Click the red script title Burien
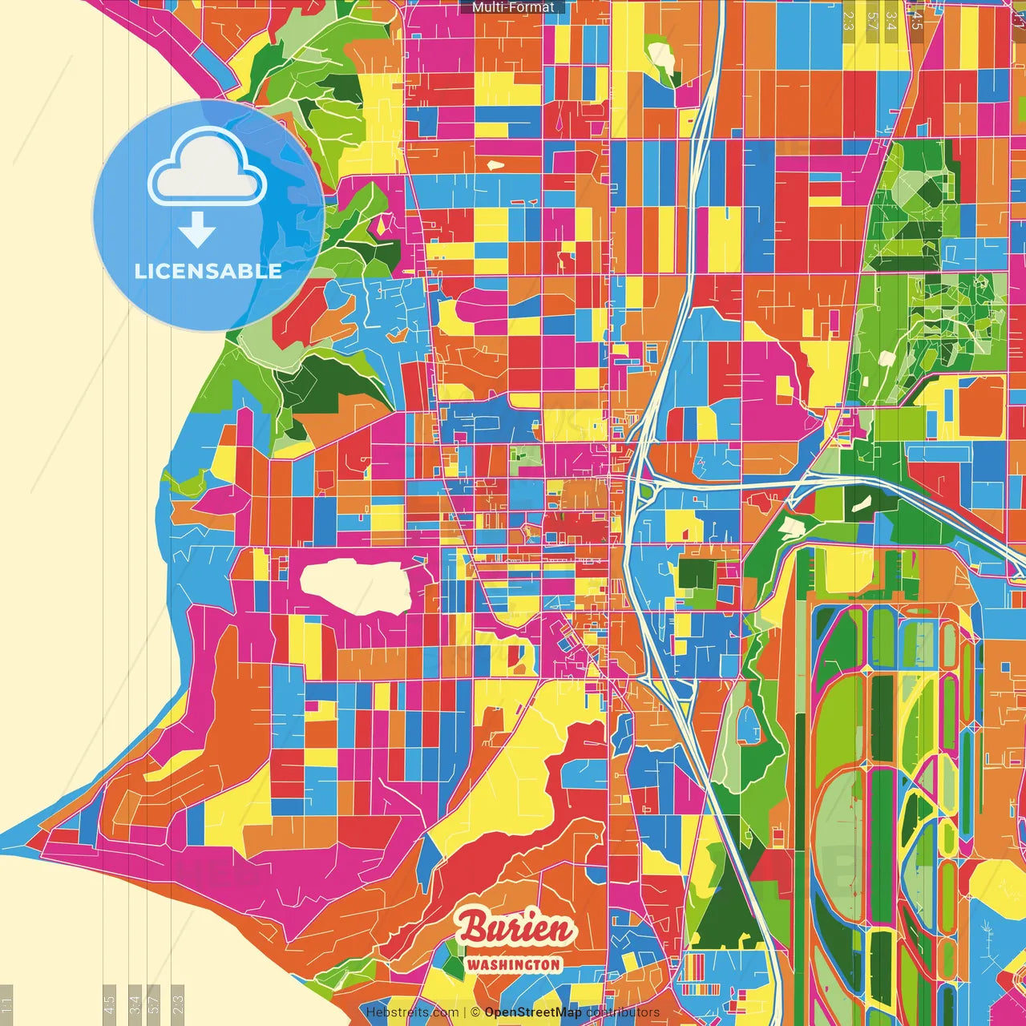coord(516,928)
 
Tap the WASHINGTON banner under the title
coord(514,964)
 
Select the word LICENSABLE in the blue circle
coord(208,271)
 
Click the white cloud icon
coord(208,168)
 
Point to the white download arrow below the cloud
coord(197,230)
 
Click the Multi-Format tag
coord(513,7)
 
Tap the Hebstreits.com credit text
coord(412,1012)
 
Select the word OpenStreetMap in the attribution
coord(532,1012)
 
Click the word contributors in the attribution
coord(623,1012)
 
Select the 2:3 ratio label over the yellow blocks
coord(848,19)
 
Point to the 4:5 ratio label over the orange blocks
coord(917,19)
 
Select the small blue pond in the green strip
coord(748,725)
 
